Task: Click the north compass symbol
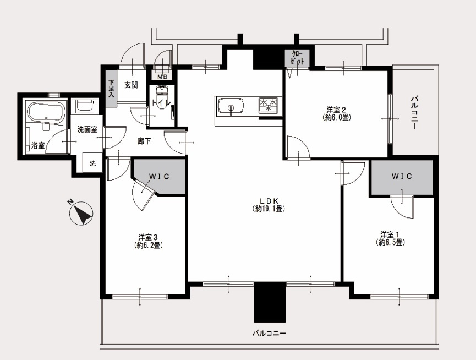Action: click(x=81, y=213)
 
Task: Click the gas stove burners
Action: click(x=269, y=105)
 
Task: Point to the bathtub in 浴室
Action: click(x=46, y=112)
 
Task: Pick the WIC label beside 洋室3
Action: click(x=159, y=176)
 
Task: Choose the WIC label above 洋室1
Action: click(x=401, y=176)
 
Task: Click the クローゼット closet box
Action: click(x=298, y=58)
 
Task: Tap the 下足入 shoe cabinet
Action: click(x=111, y=88)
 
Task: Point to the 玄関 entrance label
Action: click(x=131, y=85)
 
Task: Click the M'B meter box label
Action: click(x=162, y=77)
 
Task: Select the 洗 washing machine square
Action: click(x=92, y=163)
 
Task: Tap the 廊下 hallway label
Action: click(x=144, y=141)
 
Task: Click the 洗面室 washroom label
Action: click(x=87, y=130)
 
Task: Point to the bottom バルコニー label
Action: click(x=269, y=334)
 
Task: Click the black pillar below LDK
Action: click(x=270, y=302)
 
